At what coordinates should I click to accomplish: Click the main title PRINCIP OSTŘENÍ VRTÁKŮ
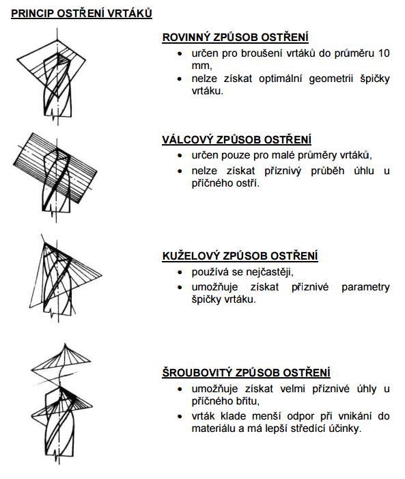coord(81,14)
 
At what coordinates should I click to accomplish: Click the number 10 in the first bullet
coord(384,53)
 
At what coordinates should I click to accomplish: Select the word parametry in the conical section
coord(365,287)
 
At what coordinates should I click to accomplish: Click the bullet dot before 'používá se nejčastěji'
coord(180,272)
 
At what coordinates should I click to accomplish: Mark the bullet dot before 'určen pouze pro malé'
coord(180,156)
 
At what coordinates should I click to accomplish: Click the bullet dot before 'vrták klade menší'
coord(180,416)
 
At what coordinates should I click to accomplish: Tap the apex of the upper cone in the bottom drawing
coord(65,344)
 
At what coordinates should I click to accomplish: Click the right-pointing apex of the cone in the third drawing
coord(102,276)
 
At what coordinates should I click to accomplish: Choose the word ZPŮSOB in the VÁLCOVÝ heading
coord(238,139)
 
